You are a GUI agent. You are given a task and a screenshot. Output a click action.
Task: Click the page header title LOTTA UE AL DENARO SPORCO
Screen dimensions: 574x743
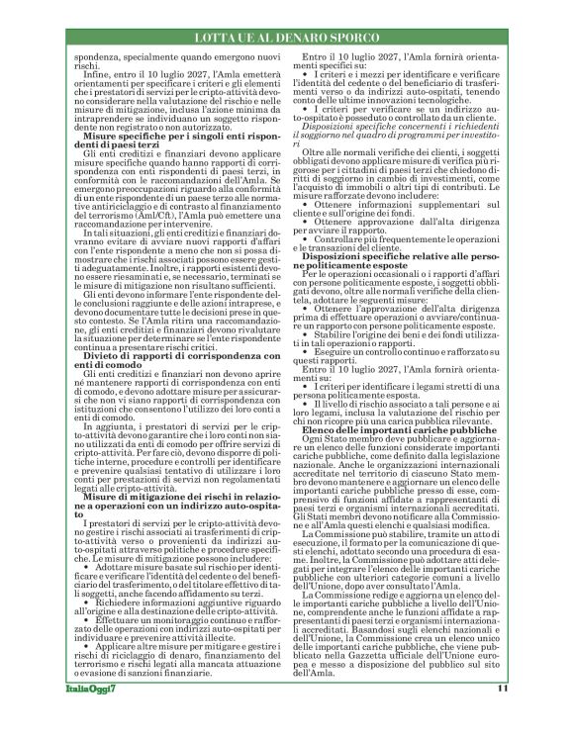click(287, 37)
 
